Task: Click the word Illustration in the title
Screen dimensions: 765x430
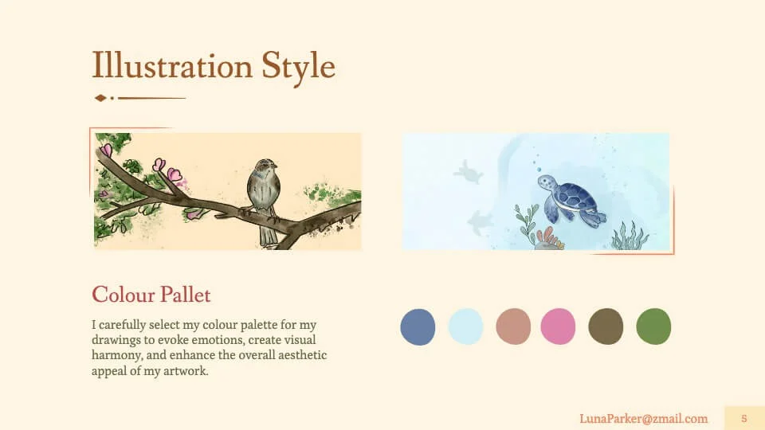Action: point(172,65)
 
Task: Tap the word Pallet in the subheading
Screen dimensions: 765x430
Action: point(186,295)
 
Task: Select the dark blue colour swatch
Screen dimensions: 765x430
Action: point(418,326)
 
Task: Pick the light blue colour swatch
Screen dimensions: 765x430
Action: point(465,326)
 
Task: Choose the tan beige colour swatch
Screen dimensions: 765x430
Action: point(513,326)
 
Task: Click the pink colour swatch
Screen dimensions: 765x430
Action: point(558,326)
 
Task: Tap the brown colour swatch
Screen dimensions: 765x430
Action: point(606,326)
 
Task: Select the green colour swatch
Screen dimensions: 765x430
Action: point(653,326)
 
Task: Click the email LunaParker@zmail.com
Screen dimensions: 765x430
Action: point(644,419)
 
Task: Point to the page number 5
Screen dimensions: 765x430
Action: point(744,418)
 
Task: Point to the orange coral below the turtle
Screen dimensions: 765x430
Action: point(548,238)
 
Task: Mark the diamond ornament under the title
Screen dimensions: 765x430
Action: point(100,98)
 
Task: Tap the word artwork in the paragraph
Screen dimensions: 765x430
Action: point(186,371)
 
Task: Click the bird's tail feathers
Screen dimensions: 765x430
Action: point(268,234)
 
